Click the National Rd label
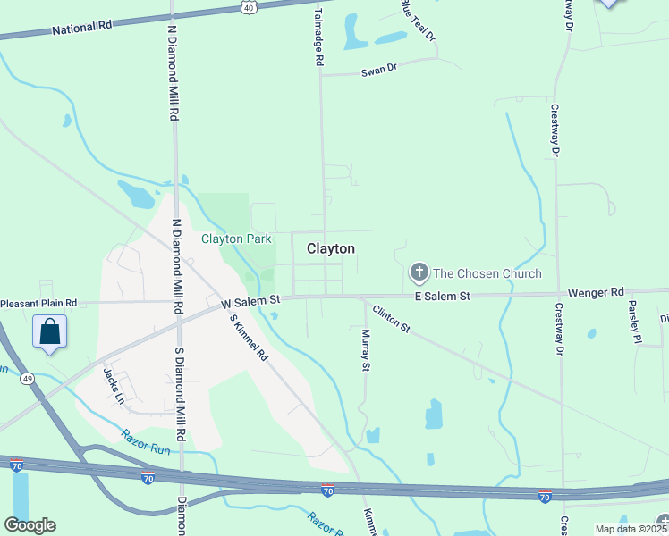tap(81, 27)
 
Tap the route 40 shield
tap(248, 7)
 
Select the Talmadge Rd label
tap(318, 34)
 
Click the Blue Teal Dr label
tap(417, 20)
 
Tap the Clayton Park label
tap(236, 239)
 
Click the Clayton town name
tap(331, 249)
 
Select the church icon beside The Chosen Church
tap(418, 272)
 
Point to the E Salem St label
tap(442, 296)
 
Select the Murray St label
tap(365, 349)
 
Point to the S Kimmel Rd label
tap(249, 337)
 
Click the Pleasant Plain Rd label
tap(38, 304)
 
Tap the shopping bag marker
tap(50, 332)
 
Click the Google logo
tap(30, 525)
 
